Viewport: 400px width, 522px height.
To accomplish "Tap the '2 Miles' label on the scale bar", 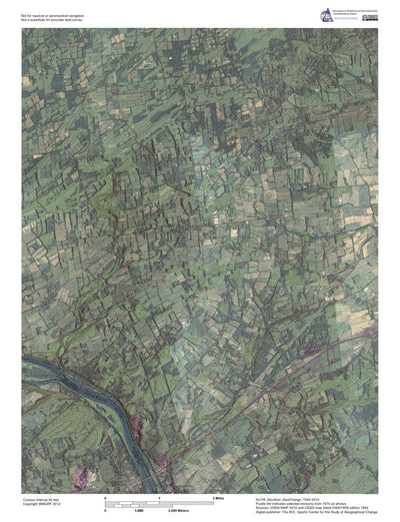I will (217, 497).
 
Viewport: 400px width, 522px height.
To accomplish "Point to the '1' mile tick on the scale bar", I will (159, 497).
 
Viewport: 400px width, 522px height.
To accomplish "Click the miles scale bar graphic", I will (160, 501).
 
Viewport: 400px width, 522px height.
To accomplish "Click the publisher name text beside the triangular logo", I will (356, 11).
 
